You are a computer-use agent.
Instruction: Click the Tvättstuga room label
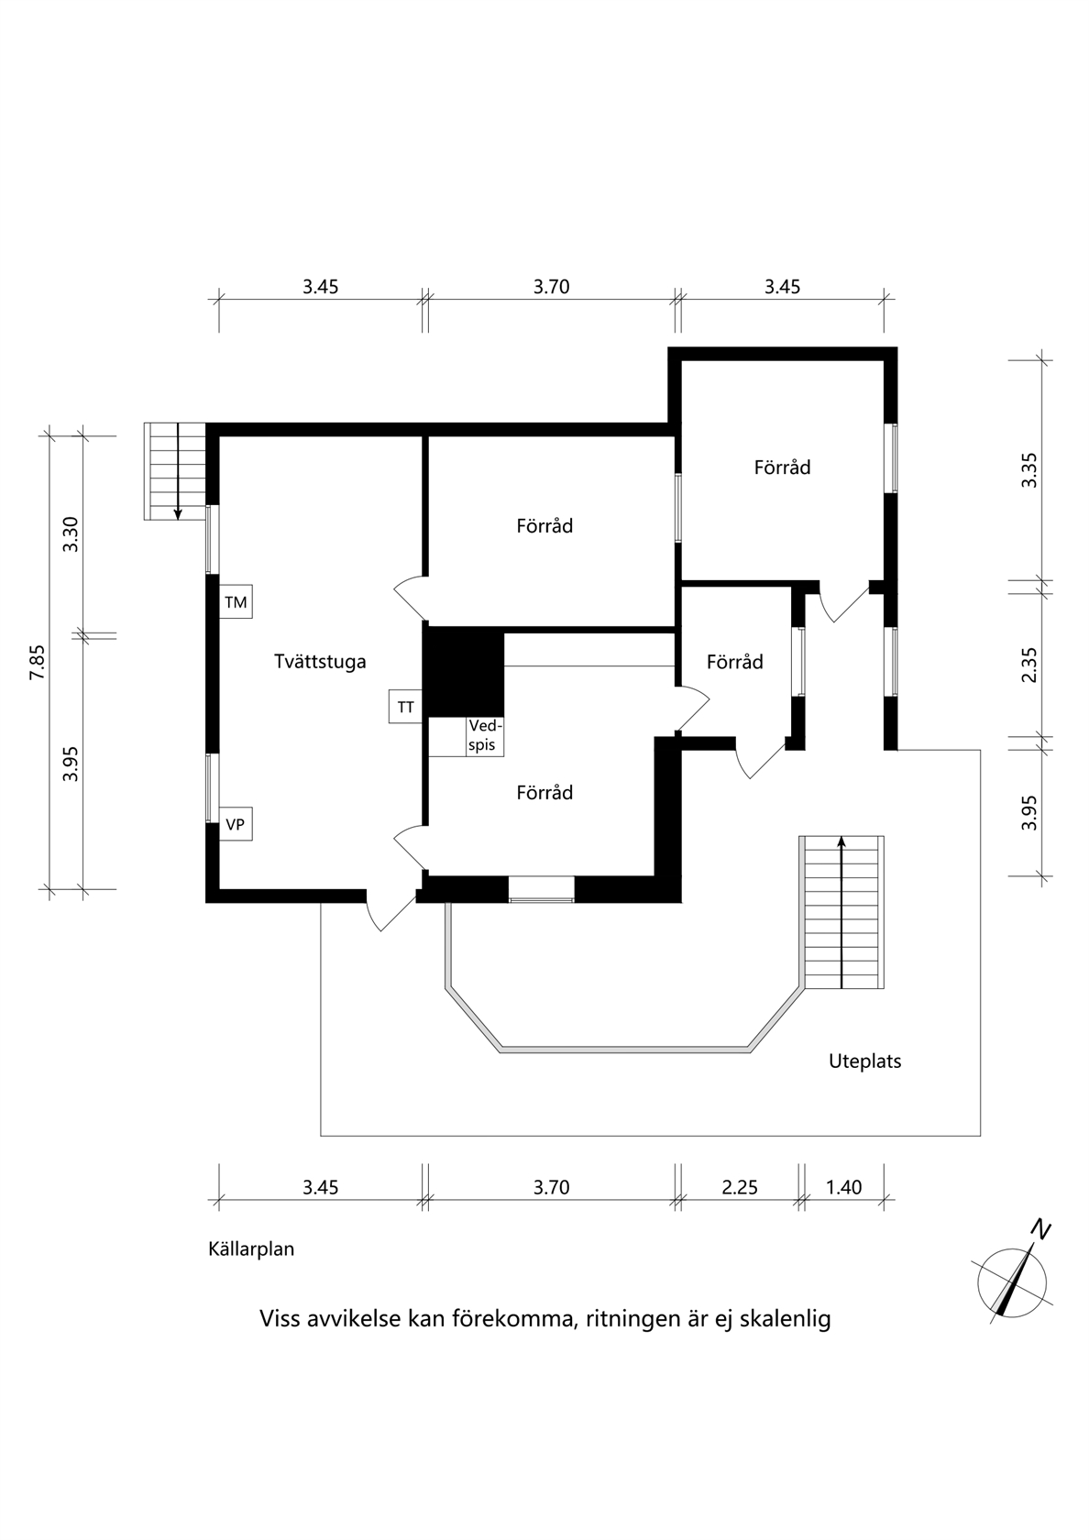[320, 662]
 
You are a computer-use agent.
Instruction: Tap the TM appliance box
[236, 602]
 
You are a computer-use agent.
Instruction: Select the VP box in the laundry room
[236, 823]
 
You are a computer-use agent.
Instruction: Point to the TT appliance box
[405, 707]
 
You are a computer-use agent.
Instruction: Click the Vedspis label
[486, 735]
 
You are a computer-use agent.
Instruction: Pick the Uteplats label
[865, 1061]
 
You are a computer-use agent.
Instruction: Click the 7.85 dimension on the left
[37, 662]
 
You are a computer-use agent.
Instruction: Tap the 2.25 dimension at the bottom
[740, 1187]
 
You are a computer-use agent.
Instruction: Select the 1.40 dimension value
[843, 1187]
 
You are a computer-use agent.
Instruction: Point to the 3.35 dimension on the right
[1029, 470]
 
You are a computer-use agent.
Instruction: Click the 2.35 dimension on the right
[1029, 665]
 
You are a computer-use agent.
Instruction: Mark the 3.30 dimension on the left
[71, 534]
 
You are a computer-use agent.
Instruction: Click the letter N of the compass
[1043, 1229]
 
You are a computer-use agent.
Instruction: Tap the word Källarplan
[251, 1248]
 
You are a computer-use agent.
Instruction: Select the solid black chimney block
[464, 672]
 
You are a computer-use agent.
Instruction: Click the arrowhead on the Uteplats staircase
[841, 841]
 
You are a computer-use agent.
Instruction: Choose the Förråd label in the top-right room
[783, 467]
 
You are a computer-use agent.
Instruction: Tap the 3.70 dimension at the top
[552, 287]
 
